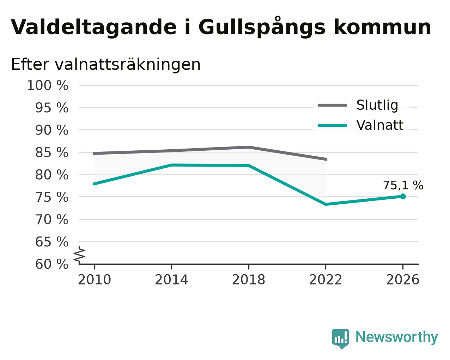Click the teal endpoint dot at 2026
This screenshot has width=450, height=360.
tap(403, 196)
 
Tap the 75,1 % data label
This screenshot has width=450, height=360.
tap(403, 185)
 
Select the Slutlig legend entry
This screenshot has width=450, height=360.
tap(358, 105)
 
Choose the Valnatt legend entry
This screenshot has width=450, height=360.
tap(360, 125)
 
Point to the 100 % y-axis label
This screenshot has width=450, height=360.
tap(48, 86)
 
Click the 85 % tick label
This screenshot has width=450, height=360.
tap(51, 152)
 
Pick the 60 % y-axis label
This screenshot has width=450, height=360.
tap(51, 264)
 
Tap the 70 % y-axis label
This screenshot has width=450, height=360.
tap(51, 220)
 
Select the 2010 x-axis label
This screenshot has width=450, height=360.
tap(94, 280)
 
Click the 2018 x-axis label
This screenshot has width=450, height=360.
tap(248, 280)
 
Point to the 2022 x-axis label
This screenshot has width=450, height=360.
tap(326, 280)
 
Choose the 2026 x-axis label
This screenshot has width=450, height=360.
tap(402, 280)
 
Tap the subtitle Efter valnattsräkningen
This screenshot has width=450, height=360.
tap(106, 65)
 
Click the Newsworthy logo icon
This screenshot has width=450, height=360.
tap(341, 339)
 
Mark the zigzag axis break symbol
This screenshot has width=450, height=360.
tap(79, 255)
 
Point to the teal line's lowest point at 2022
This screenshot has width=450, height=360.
tap(326, 204)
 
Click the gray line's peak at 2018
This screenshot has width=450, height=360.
tap(249, 147)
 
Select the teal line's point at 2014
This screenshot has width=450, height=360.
tap(171, 165)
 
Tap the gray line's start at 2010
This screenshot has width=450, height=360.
tap(95, 154)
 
